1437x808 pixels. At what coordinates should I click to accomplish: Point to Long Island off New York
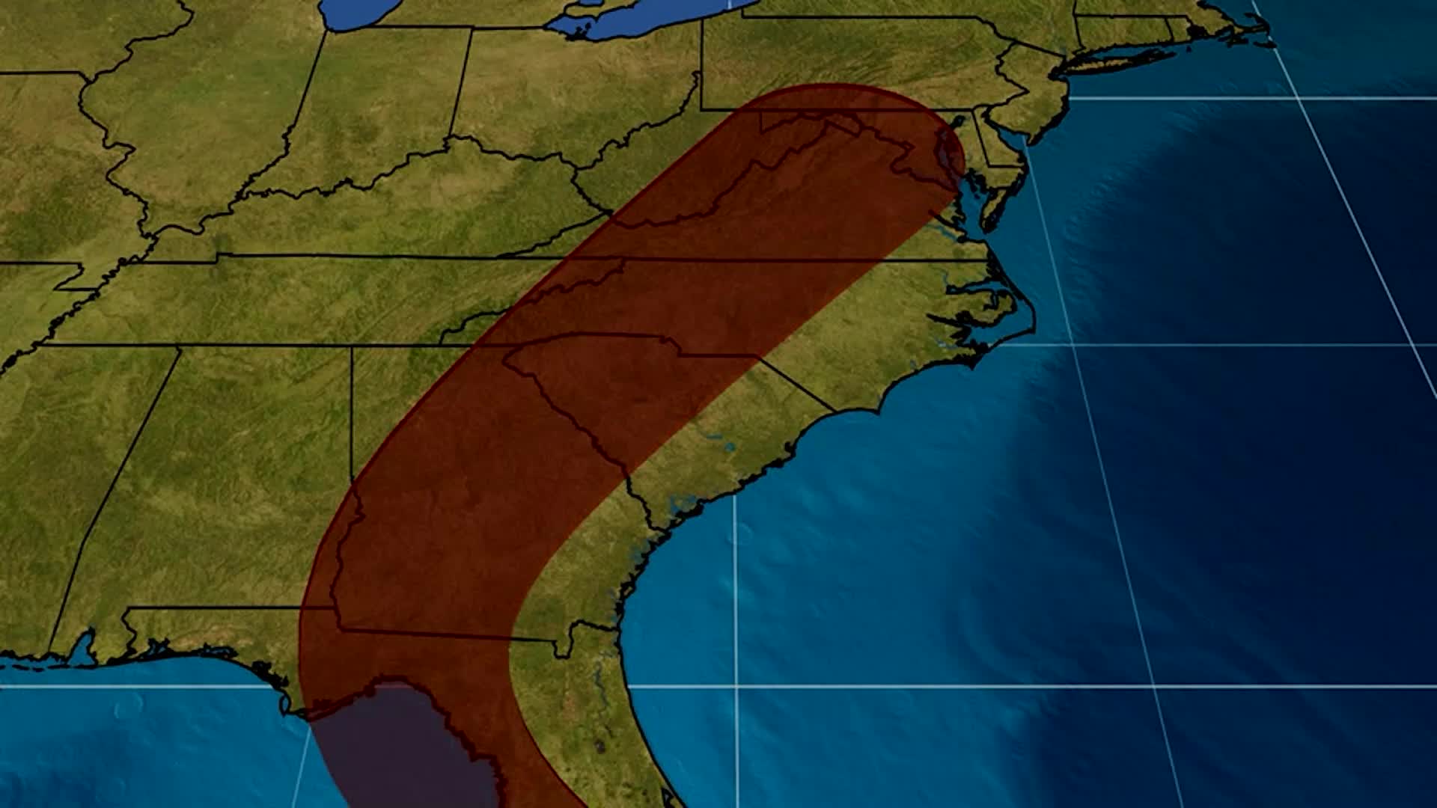point(1115,60)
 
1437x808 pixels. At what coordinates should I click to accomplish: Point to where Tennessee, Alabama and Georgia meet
point(352,346)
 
